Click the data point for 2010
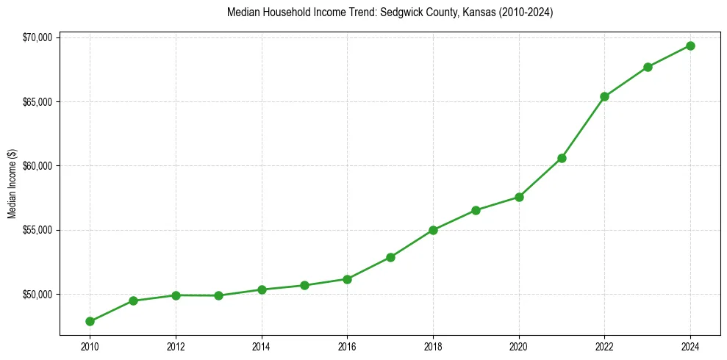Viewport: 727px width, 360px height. click(90, 321)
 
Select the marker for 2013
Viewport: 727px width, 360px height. click(218, 295)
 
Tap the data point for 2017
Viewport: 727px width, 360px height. click(390, 257)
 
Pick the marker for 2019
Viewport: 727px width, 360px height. click(476, 210)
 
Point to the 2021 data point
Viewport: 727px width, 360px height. click(562, 158)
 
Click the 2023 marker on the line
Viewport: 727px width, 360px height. click(648, 67)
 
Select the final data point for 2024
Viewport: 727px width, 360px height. click(690, 46)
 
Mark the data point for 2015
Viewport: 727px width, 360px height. click(304, 285)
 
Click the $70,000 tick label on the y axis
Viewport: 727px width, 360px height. click(37, 37)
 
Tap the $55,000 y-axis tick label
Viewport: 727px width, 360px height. click(37, 230)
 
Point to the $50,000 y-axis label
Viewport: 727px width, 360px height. click(37, 295)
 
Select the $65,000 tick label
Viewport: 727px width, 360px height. click(37, 101)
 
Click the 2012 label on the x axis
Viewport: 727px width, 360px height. click(176, 347)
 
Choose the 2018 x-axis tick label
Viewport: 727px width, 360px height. click(433, 347)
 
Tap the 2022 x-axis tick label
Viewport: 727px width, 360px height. click(604, 347)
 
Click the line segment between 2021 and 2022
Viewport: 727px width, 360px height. click(583, 127)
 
